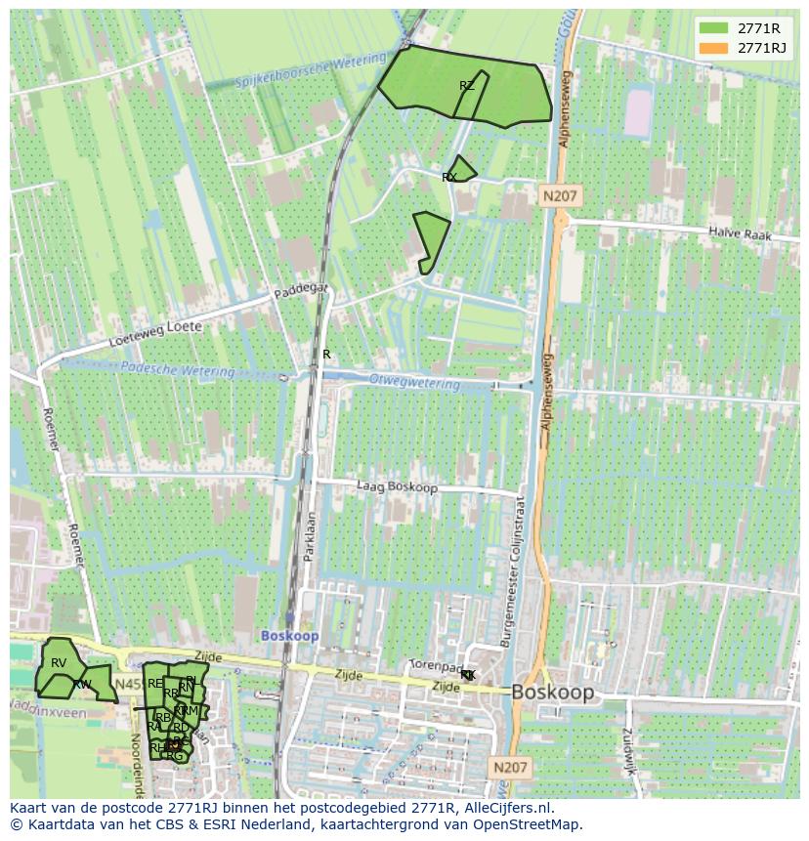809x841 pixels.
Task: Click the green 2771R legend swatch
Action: [713, 28]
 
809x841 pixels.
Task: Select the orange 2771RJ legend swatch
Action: [713, 48]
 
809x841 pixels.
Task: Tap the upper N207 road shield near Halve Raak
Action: [560, 196]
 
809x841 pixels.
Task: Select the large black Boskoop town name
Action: [552, 693]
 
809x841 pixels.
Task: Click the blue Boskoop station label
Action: [289, 636]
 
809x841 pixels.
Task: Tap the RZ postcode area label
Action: [467, 86]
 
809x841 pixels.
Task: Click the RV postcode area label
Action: [59, 663]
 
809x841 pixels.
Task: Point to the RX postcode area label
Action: [449, 178]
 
